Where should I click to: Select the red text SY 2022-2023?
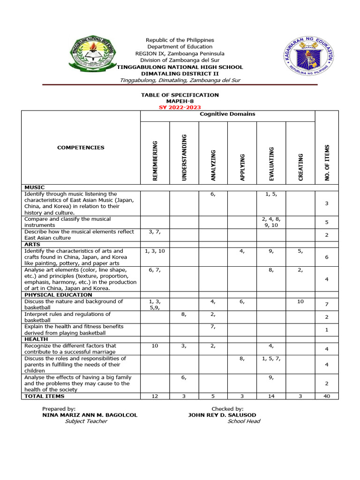coord(180,107)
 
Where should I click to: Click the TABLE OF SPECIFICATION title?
coord(180,95)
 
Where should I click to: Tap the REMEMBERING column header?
coord(155,161)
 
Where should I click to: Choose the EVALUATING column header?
coord(271,164)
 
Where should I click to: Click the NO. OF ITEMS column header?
coord(327,163)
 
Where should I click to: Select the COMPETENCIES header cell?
coord(81,148)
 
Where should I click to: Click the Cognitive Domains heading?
coord(227,114)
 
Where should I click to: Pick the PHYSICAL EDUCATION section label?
coord(58,295)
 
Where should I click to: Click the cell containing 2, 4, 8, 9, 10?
coord(271,222)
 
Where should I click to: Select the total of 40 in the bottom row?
coord(326,396)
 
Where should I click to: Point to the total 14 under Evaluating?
coord(271,396)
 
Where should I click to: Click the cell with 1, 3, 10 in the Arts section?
coord(155,251)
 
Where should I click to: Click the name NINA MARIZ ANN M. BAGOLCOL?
coord(90,415)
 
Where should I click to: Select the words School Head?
coord(244,421)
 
